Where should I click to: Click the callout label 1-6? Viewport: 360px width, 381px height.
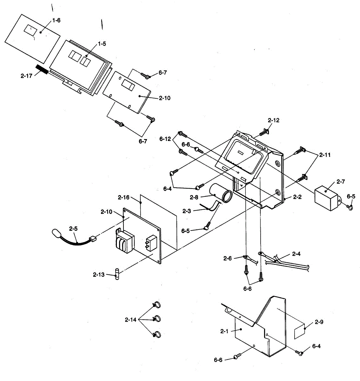coord(56,20)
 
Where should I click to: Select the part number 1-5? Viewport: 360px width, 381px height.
coord(102,44)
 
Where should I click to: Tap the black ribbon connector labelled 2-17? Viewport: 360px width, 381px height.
coord(42,70)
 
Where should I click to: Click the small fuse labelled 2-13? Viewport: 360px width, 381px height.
coord(118,274)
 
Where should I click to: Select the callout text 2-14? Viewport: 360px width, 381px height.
coord(131,320)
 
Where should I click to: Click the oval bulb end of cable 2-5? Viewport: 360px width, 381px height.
coord(57,234)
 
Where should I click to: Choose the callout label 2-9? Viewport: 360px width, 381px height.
coord(319,322)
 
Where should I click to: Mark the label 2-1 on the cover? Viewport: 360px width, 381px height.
coord(224,331)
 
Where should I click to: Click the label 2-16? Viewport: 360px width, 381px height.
coord(123,197)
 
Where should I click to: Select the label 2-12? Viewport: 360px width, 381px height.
coord(274,120)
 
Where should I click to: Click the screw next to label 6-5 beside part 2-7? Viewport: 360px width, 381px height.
coord(350,207)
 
